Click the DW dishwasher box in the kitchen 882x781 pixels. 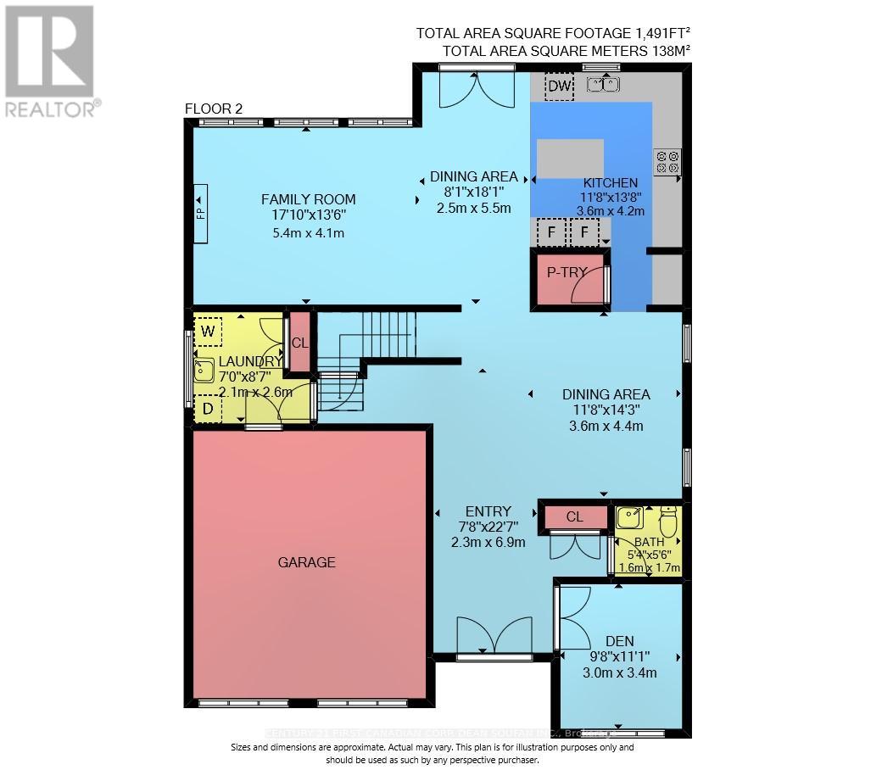point(560,86)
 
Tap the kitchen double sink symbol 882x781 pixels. point(603,84)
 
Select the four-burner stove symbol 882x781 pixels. point(667,161)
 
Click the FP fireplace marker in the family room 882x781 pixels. point(201,213)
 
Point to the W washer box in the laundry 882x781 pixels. point(208,331)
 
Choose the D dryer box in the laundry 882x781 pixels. point(208,410)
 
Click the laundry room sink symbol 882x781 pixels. point(204,371)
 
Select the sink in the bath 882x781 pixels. point(629,517)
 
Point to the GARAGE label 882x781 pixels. point(307,562)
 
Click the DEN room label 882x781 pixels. point(619,641)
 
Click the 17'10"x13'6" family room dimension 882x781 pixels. point(304,215)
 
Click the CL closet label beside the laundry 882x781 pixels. point(299,343)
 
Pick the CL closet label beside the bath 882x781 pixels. point(574,516)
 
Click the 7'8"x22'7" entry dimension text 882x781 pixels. point(488,526)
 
